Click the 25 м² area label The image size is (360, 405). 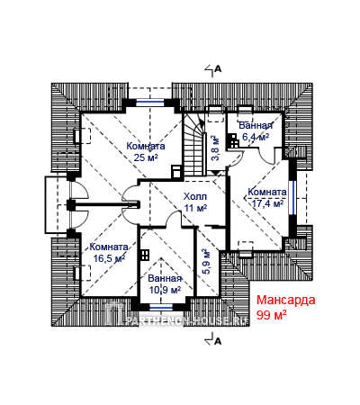[x=146, y=157]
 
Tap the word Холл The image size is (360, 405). [x=195, y=197]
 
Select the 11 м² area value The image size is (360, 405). [x=195, y=208]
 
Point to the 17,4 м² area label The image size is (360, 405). [x=267, y=203]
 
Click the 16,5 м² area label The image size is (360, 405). [x=109, y=258]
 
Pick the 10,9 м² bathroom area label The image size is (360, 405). [x=165, y=290]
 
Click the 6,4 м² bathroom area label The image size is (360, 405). [x=256, y=137]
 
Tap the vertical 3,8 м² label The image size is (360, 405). [x=216, y=148]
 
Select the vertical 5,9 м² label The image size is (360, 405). [x=206, y=261]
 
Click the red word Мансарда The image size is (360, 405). [x=286, y=300]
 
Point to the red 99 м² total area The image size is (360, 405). [x=271, y=315]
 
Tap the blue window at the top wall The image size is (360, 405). [x=150, y=103]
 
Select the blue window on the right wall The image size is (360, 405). [x=292, y=197]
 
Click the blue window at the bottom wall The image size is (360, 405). [x=161, y=307]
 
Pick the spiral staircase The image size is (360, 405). [x=193, y=145]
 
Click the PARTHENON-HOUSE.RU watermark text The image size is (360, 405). [x=186, y=320]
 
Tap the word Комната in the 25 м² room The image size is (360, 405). [x=146, y=146]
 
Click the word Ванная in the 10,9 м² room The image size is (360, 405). [x=165, y=278]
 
